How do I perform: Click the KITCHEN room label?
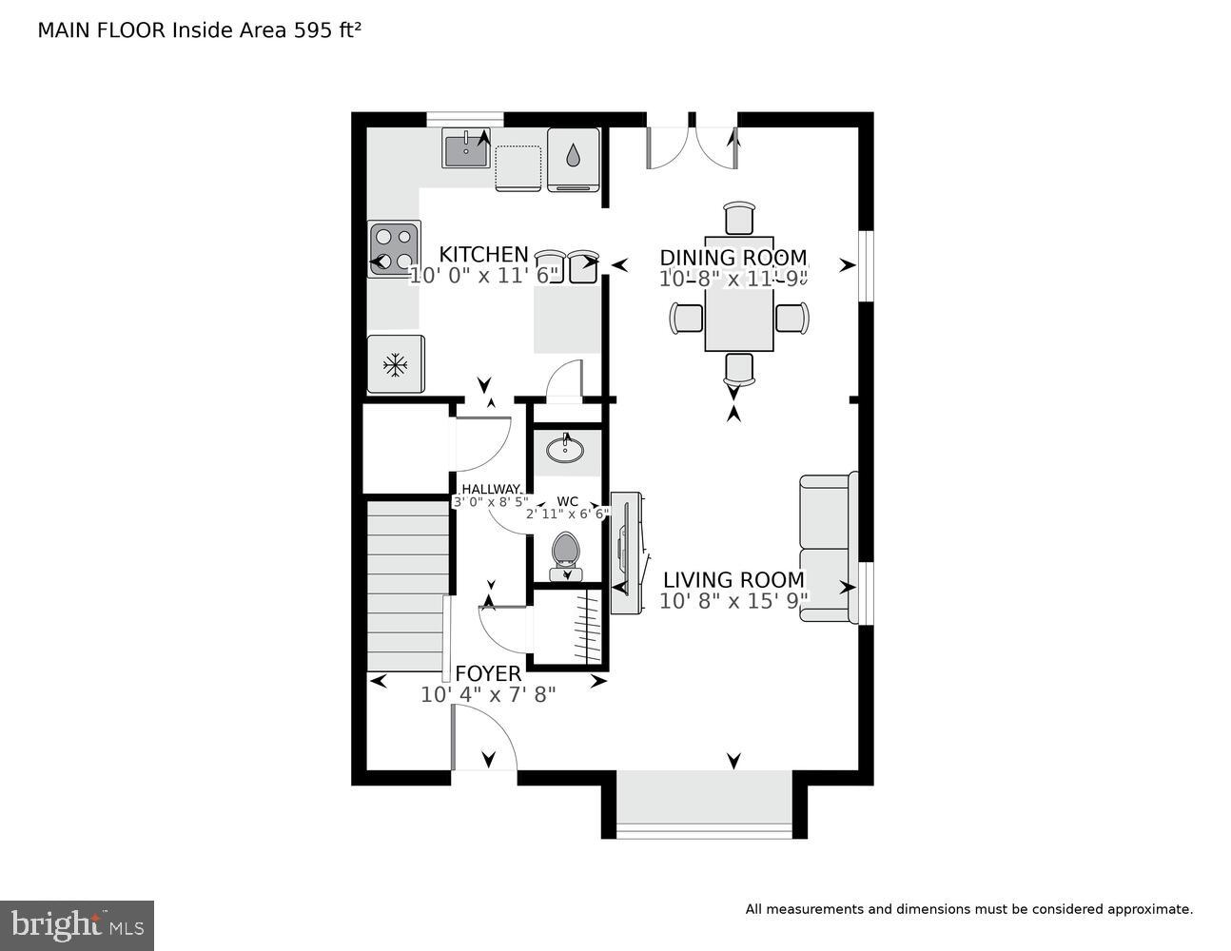click(x=482, y=254)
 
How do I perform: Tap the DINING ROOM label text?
click(x=733, y=258)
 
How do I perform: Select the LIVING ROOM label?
click(x=733, y=580)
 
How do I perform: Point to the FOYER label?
click(x=488, y=674)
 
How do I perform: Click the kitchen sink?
click(x=466, y=149)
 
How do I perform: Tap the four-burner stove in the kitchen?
click(x=394, y=248)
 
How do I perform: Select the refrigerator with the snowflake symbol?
click(x=396, y=364)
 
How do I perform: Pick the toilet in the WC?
click(x=566, y=554)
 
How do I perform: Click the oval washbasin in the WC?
click(x=566, y=449)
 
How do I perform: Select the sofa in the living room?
click(x=827, y=549)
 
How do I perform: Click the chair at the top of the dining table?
click(x=739, y=218)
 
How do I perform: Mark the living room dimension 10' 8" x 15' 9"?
click(x=733, y=601)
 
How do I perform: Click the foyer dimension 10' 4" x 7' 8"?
click(x=488, y=695)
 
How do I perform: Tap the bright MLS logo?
click(x=76, y=924)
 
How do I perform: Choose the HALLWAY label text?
click(x=491, y=489)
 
